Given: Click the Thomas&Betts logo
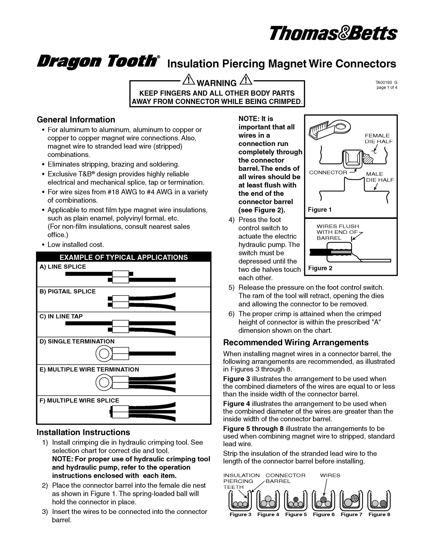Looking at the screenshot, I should point(333,34).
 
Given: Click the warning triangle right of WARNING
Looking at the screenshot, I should point(246,80).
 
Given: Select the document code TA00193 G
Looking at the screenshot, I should point(386,82).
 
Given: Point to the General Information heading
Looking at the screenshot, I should point(76,119).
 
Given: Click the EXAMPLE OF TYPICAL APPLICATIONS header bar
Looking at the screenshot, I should point(124,257).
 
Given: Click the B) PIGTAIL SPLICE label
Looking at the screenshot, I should point(68,291).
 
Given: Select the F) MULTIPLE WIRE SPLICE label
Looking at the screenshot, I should point(79,401).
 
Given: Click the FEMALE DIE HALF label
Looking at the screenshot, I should point(379,138).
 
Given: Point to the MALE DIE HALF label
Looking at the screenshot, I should point(380,177).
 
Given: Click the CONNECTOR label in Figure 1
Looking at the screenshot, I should point(328,172).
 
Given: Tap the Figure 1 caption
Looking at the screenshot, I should point(320,210).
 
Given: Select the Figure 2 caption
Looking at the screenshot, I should point(320,268).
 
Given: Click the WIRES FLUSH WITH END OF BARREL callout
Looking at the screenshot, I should point(337,232).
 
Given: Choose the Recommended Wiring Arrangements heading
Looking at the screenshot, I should point(296,342).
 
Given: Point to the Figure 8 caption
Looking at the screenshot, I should point(379,514).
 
